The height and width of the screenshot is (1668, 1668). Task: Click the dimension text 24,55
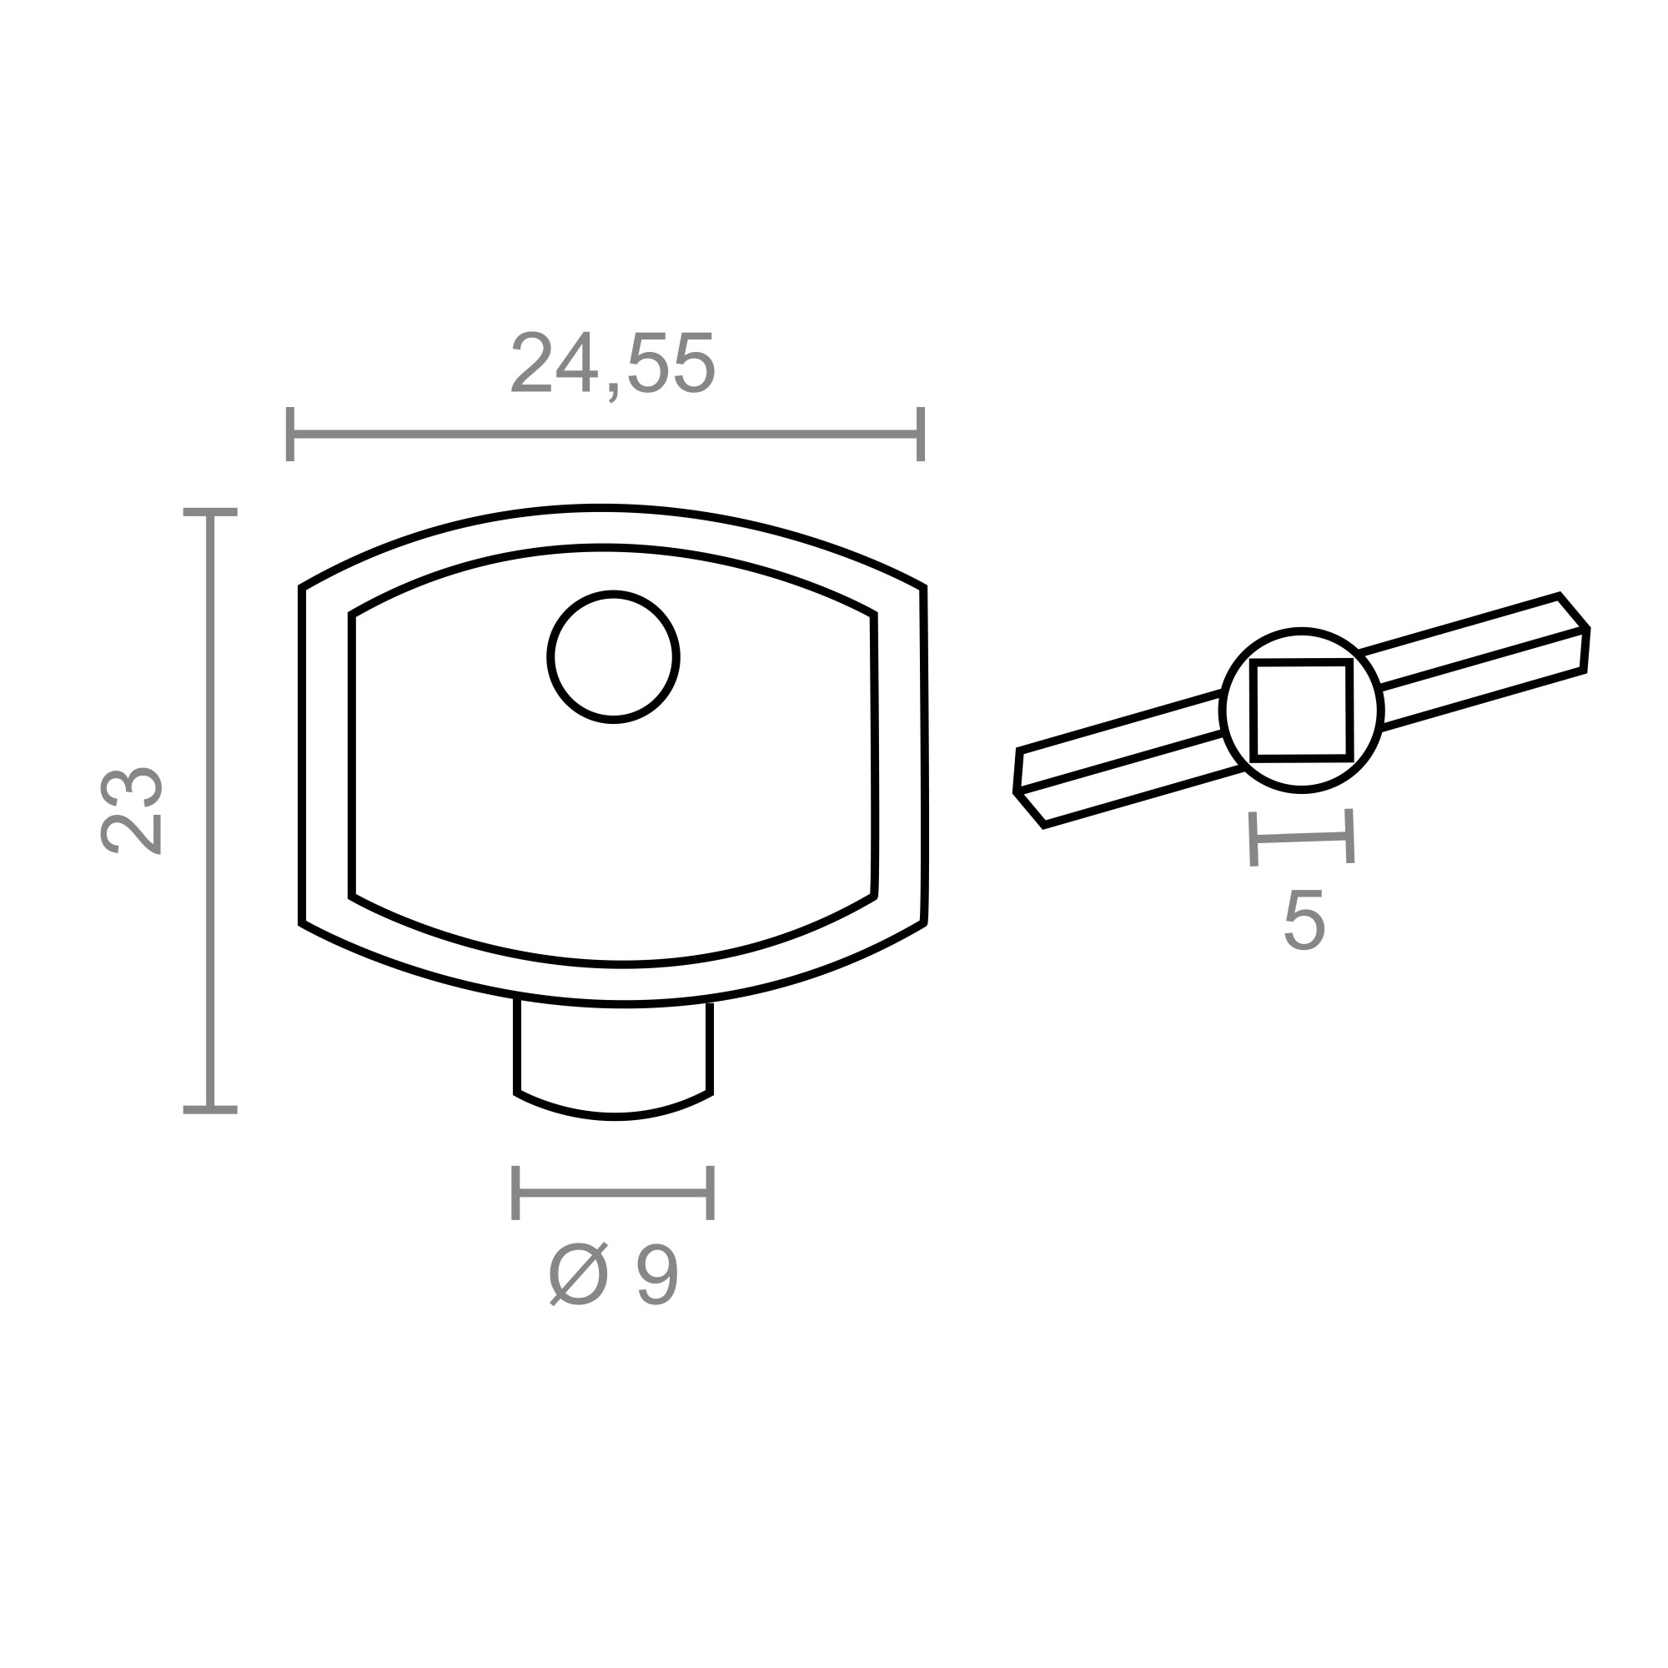(613, 364)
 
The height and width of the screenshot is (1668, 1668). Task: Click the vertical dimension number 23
(131, 809)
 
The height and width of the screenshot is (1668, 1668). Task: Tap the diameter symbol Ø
(579, 1274)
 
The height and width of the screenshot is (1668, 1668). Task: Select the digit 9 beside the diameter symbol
(657, 1274)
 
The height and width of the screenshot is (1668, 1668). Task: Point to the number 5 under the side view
(1304, 921)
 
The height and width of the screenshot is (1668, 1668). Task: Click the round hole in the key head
(613, 657)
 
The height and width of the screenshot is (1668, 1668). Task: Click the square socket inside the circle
(1301, 711)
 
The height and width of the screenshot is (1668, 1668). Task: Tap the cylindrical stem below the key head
(613, 1058)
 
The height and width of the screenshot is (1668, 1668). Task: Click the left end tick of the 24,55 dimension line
(290, 434)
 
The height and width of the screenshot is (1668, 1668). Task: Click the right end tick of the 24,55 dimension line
(921, 434)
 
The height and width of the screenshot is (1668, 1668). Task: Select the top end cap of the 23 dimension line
(210, 512)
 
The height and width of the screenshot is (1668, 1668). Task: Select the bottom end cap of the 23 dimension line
(210, 1109)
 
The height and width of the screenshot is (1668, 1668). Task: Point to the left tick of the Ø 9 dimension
(515, 1193)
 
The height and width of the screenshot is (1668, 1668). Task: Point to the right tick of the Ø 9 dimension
(711, 1193)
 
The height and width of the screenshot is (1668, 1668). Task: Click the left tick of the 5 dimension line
(1254, 839)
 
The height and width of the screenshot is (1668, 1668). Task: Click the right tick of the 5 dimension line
(1349, 836)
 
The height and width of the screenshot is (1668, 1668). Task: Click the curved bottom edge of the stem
(613, 1118)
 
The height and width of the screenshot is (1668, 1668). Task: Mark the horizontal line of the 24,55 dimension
(605, 434)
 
